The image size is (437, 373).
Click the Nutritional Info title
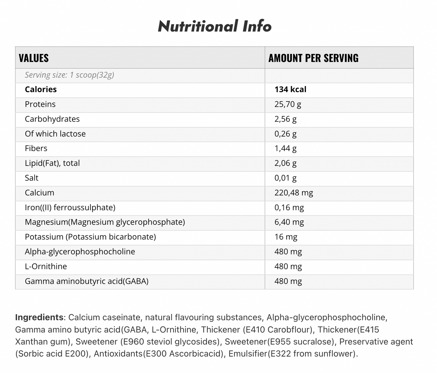point(215,27)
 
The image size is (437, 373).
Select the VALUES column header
point(34,58)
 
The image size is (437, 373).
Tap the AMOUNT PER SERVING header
point(313,58)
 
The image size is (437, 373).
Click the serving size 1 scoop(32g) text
point(69,75)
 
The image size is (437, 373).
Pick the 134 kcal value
point(290,90)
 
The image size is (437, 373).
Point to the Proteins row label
point(40,104)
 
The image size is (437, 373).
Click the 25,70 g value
point(288,104)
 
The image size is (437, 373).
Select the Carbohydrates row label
point(52,119)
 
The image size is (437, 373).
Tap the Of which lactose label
point(55,134)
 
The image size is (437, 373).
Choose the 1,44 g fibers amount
point(285,148)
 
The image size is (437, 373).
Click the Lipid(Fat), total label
point(52,163)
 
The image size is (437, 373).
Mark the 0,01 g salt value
point(285,178)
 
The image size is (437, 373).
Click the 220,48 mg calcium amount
point(294,193)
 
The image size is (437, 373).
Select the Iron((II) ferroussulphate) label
point(70,208)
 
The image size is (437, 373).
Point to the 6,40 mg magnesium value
point(289,222)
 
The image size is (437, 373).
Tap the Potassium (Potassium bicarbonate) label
point(90,237)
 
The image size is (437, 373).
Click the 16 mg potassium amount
point(286,237)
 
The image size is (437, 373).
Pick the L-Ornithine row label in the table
point(46,267)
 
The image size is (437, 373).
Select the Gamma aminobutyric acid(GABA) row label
point(87,281)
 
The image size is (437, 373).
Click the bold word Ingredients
point(39,317)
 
